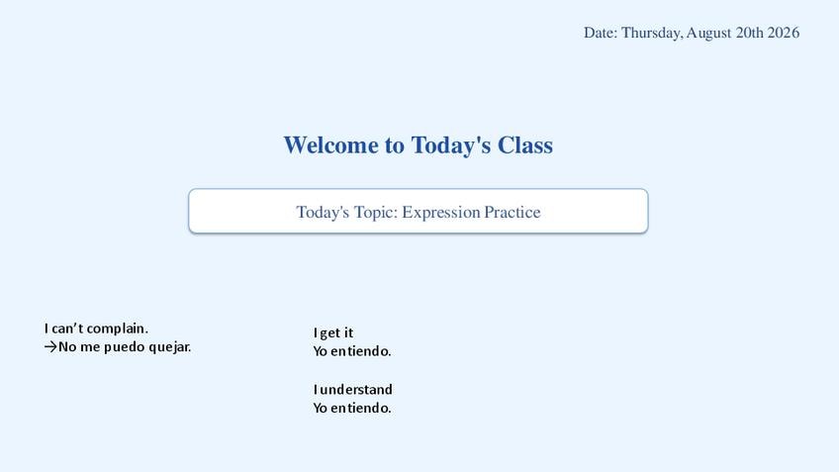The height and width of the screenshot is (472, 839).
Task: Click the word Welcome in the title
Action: pyautogui.click(x=330, y=145)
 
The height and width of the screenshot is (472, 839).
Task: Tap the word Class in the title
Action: pyautogui.click(x=525, y=145)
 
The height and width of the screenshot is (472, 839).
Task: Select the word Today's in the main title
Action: pyautogui.click(x=450, y=145)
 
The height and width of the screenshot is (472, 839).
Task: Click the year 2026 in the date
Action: pyautogui.click(x=784, y=33)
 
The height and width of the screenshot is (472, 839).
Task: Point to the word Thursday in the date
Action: pyautogui.click(x=652, y=34)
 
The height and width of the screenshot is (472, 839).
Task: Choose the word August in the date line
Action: pyautogui.click(x=708, y=34)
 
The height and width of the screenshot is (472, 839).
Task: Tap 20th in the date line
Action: pyautogui.click(x=749, y=33)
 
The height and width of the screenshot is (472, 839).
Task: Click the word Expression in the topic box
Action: pyautogui.click(x=441, y=213)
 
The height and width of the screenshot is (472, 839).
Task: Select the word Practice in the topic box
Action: pyautogui.click(x=513, y=212)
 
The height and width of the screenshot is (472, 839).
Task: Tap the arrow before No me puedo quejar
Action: pyautogui.click(x=50, y=346)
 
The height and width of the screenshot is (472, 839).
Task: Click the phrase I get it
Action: pyautogui.click(x=333, y=332)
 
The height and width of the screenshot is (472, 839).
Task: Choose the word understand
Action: pyautogui.click(x=356, y=389)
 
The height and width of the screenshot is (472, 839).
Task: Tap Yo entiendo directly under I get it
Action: pyautogui.click(x=352, y=351)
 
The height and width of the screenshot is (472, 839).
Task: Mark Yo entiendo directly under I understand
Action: pyautogui.click(x=352, y=408)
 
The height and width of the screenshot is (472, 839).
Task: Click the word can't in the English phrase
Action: pyautogui.click(x=67, y=329)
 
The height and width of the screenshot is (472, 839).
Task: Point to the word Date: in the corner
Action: pyautogui.click(x=601, y=33)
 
